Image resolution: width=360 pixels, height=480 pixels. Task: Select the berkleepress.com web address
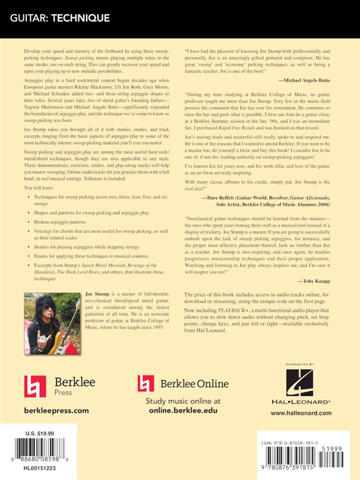click(57, 411)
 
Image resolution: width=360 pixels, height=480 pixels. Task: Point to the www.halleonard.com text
click(301, 413)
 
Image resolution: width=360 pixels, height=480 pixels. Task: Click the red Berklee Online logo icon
click(146, 384)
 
